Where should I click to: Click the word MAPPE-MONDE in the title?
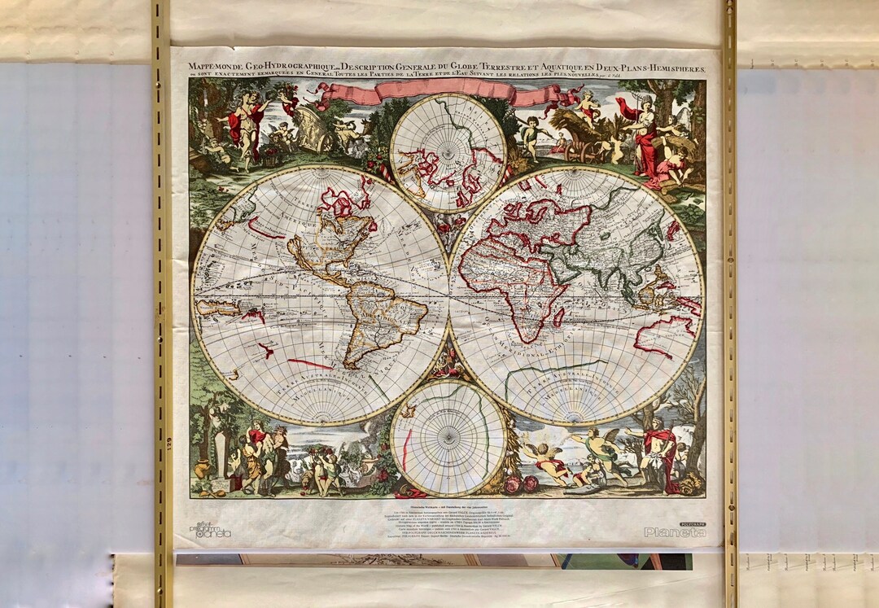click(x=214, y=67)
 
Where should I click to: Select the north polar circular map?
click(x=448, y=152)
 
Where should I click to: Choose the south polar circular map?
click(x=448, y=437)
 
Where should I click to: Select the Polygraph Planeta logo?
click(x=675, y=531)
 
